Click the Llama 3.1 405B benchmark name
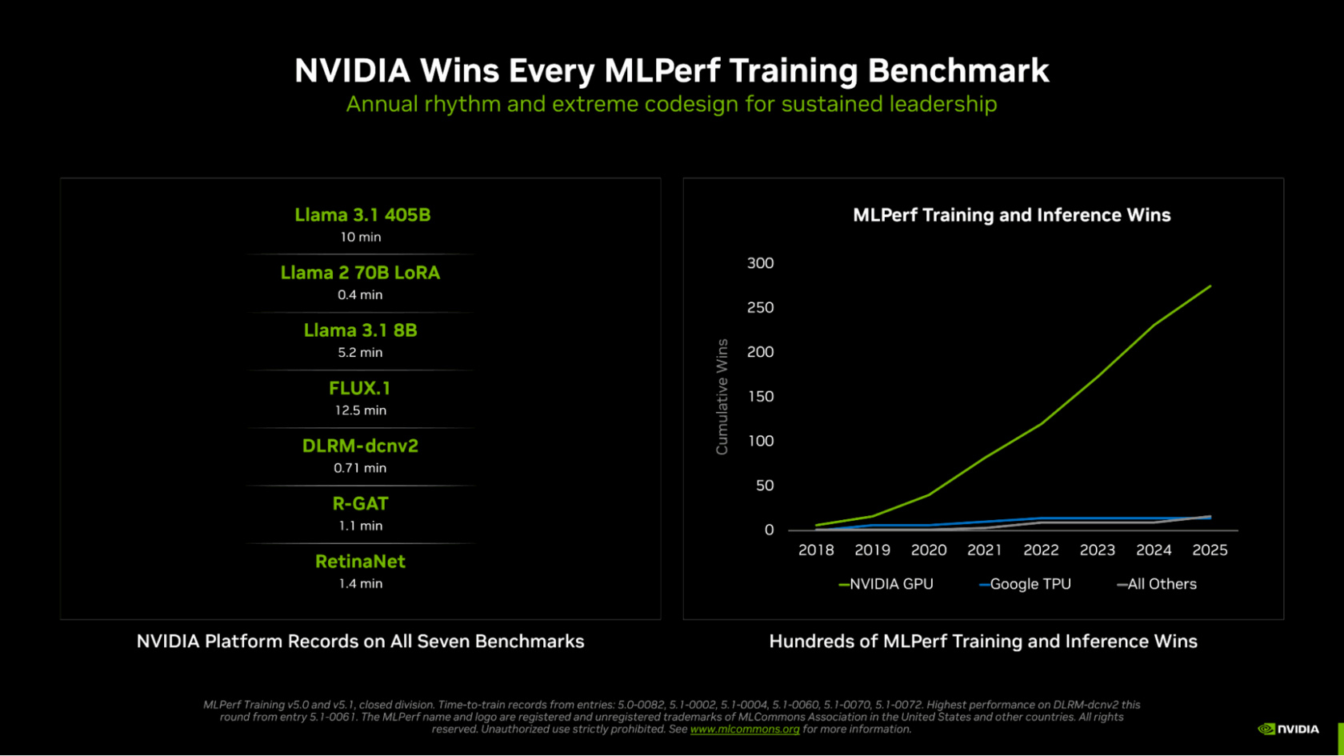point(362,215)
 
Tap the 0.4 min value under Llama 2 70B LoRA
point(360,295)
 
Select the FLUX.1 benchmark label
point(360,389)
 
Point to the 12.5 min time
point(360,410)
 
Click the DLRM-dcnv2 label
point(360,446)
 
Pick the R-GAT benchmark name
point(360,504)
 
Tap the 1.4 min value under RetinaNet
point(360,584)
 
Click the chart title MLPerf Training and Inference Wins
point(1011,215)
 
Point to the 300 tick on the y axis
point(760,263)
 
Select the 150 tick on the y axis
point(760,397)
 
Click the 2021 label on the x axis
point(984,550)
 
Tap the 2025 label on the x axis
point(1210,550)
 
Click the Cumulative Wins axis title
point(722,397)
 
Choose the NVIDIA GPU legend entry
point(886,585)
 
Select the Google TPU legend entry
point(1026,585)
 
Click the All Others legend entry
point(1157,585)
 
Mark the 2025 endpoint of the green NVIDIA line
point(1210,286)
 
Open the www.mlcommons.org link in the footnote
point(744,730)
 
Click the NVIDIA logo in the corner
point(1288,729)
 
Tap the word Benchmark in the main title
point(958,71)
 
